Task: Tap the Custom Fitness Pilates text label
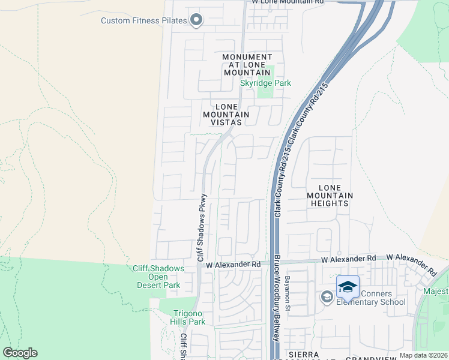144,21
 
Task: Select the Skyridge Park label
265,83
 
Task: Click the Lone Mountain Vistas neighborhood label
226,114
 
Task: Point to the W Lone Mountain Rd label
288,2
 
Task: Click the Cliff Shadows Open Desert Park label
158,277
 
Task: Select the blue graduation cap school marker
348,287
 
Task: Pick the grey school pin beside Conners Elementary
327,297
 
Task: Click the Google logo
20,353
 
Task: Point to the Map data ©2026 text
423,355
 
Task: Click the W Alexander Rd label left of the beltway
234,264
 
